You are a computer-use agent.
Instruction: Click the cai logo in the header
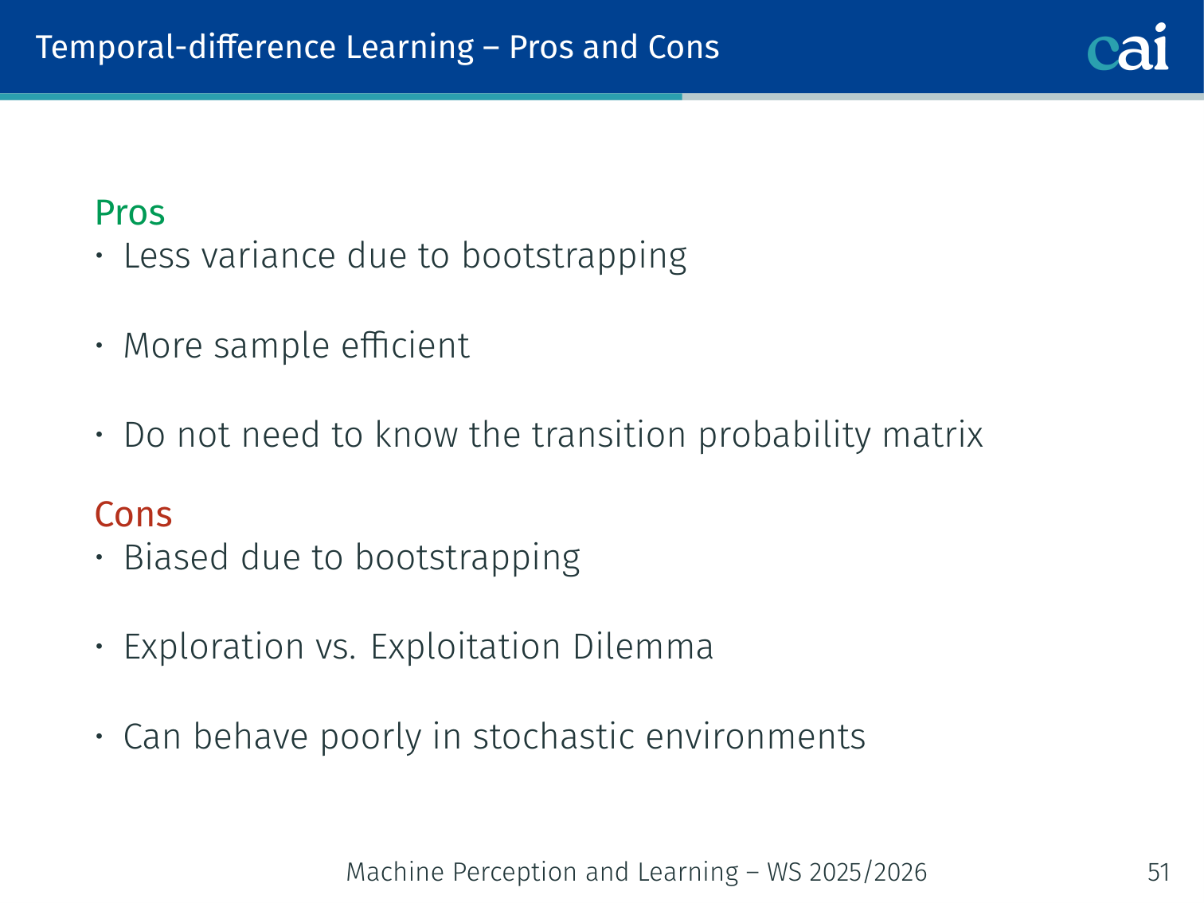tap(1128, 47)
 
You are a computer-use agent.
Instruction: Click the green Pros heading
tap(130, 212)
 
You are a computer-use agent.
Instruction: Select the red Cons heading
tap(133, 514)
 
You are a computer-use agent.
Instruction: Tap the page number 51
tap(1159, 872)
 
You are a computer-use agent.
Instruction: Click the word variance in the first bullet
tap(268, 256)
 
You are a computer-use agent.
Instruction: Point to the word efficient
tap(405, 346)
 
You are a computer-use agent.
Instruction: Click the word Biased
tap(176, 557)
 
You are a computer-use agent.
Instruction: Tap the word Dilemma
tap(643, 647)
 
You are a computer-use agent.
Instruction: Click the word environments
tap(756, 737)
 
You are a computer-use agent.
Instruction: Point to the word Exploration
tap(214, 647)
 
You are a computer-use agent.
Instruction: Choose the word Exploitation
tap(465, 647)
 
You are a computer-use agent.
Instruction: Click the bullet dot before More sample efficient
tap(100, 346)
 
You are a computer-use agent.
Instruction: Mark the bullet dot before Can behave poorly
tap(100, 737)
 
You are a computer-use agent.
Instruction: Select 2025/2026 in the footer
tap(868, 872)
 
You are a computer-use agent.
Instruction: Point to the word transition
tap(608, 435)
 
